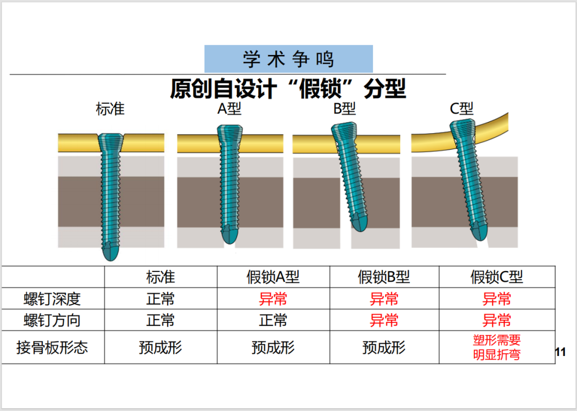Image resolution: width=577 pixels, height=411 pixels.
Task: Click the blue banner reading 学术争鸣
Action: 288,59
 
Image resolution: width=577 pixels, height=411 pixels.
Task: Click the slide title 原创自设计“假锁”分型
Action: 288,89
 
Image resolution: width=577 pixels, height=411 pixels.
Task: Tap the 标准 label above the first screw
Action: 110,109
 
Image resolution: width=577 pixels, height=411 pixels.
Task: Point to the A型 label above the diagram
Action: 229,108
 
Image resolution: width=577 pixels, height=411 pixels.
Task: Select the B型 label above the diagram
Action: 345,108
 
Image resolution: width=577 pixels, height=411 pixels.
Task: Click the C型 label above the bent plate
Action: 462,108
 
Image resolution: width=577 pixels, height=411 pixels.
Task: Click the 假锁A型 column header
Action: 273,277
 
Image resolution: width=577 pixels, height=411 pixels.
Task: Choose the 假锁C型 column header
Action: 496,277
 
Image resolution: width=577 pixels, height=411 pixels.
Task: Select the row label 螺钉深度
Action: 52,299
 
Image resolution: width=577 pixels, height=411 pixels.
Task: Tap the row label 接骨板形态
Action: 52,347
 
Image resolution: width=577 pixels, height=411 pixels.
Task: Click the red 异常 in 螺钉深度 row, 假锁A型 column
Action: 273,299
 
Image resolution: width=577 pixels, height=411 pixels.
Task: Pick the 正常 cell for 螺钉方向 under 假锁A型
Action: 273,320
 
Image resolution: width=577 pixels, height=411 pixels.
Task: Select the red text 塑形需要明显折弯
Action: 497,347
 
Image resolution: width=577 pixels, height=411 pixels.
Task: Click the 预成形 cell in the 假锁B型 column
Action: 384,347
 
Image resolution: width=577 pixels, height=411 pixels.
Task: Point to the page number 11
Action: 560,352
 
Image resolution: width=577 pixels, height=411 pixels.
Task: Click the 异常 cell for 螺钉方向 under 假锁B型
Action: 384,320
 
